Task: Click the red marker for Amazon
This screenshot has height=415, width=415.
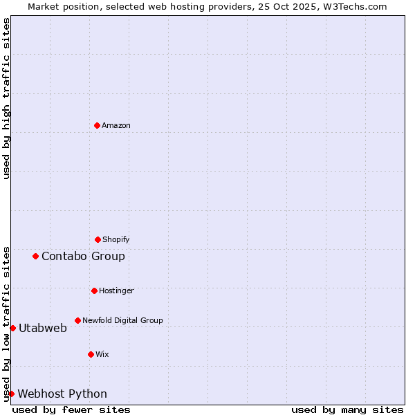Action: point(97,125)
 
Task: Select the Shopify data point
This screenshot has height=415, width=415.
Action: point(98,239)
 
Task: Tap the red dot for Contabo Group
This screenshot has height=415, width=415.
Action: point(35,256)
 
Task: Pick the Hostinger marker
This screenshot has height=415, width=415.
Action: point(94,290)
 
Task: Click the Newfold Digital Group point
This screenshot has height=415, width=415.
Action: point(77,320)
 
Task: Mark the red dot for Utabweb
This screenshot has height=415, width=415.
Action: point(12,328)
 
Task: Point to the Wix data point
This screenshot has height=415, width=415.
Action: point(91,354)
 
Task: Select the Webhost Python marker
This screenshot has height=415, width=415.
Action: point(11,394)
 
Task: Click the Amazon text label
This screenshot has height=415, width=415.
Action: point(116,125)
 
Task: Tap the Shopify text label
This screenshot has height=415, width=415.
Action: point(116,239)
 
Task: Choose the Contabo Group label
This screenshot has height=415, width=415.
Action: point(83,256)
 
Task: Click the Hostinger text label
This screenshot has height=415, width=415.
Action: point(116,290)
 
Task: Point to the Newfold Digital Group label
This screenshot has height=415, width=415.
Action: point(122,320)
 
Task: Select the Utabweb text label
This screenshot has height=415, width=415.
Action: point(43,328)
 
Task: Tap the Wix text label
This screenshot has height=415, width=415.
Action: point(102,354)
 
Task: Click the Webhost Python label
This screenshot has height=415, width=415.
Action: point(62,394)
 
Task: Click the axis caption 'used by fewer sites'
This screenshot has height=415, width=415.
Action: point(71,409)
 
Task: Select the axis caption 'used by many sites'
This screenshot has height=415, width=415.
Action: point(347,409)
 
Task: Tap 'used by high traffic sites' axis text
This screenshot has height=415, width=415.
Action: point(6,98)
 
